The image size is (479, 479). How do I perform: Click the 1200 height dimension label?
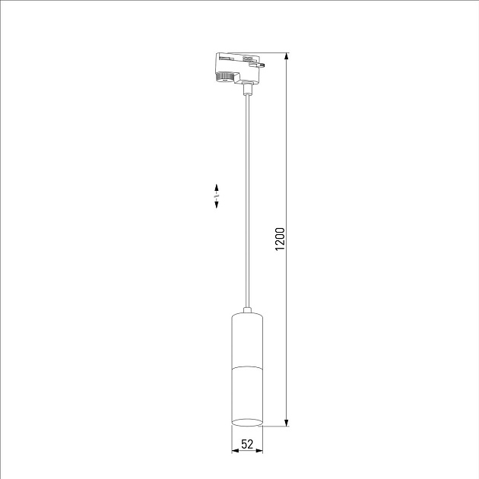[280, 240]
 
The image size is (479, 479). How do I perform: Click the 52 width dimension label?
[246, 444]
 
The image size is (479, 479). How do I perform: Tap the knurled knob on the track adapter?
[226, 76]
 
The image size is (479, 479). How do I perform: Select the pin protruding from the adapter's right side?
[262, 66]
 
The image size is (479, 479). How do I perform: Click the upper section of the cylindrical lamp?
[246, 338]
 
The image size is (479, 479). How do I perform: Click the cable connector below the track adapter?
[246, 89]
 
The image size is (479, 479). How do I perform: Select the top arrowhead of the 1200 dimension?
[287, 57]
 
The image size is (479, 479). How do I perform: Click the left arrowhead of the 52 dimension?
[234, 451]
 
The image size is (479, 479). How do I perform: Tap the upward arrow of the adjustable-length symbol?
[217, 186]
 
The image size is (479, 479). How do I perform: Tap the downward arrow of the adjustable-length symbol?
[217, 205]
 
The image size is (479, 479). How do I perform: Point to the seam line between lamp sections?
[246, 366]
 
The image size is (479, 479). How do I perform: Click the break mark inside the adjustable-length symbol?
[217, 196]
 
